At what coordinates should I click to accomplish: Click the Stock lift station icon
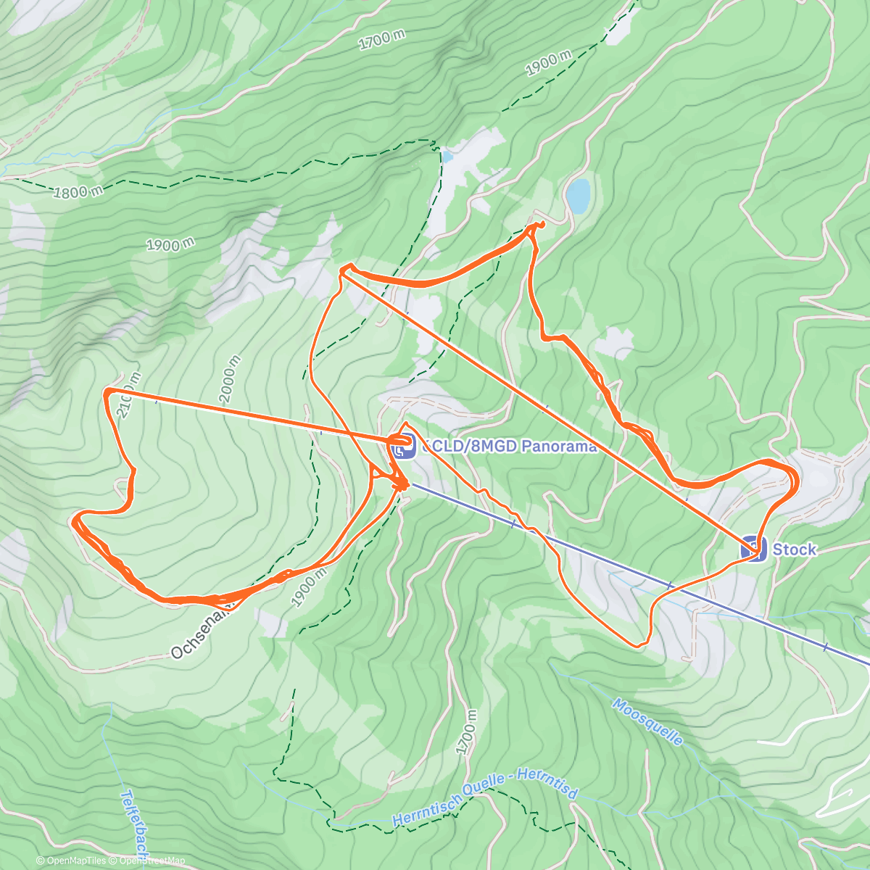(753, 549)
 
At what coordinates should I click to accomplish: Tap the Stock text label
(794, 550)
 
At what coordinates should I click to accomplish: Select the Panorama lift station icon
(402, 446)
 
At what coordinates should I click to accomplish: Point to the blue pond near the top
(578, 194)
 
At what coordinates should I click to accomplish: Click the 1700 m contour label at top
(381, 40)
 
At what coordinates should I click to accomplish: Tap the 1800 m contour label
(78, 192)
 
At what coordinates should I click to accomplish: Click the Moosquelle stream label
(647, 721)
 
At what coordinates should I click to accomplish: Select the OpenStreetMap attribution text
(152, 861)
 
